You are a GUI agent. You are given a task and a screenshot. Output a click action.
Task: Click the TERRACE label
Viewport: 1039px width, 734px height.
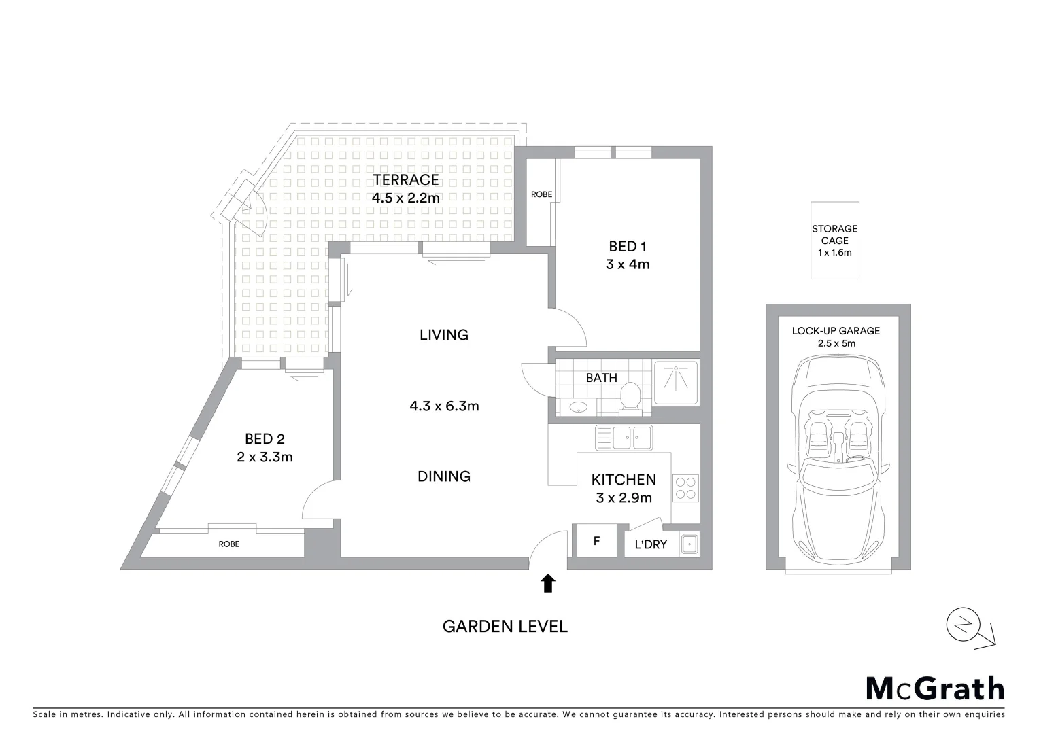(x=405, y=180)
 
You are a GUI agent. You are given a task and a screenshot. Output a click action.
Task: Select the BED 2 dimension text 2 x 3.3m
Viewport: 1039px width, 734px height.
(x=265, y=457)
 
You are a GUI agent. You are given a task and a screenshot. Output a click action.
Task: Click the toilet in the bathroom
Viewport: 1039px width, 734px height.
(x=630, y=397)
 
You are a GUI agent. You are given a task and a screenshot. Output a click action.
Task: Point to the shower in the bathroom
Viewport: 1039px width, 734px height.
(x=676, y=383)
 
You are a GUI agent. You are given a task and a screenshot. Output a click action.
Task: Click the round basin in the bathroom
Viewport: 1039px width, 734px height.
(x=578, y=408)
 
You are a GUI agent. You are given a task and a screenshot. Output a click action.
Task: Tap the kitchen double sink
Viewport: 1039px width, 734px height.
(x=624, y=437)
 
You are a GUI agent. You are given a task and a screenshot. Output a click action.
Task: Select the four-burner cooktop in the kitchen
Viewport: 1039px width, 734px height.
(x=685, y=487)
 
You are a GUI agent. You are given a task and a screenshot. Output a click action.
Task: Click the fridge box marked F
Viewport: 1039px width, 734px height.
(x=596, y=541)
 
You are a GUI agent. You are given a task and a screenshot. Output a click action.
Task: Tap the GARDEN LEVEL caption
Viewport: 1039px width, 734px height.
(x=505, y=626)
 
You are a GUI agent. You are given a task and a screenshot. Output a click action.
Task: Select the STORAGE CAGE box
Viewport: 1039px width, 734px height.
(x=834, y=240)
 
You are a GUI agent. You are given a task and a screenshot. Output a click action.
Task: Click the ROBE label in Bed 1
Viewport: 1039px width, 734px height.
(x=541, y=194)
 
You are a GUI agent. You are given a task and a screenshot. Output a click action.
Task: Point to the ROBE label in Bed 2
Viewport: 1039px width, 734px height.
(x=228, y=544)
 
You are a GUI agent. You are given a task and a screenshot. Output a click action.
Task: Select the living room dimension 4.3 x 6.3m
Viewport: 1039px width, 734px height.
(x=444, y=406)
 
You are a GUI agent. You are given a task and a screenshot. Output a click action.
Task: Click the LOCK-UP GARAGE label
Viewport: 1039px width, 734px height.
(x=836, y=331)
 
